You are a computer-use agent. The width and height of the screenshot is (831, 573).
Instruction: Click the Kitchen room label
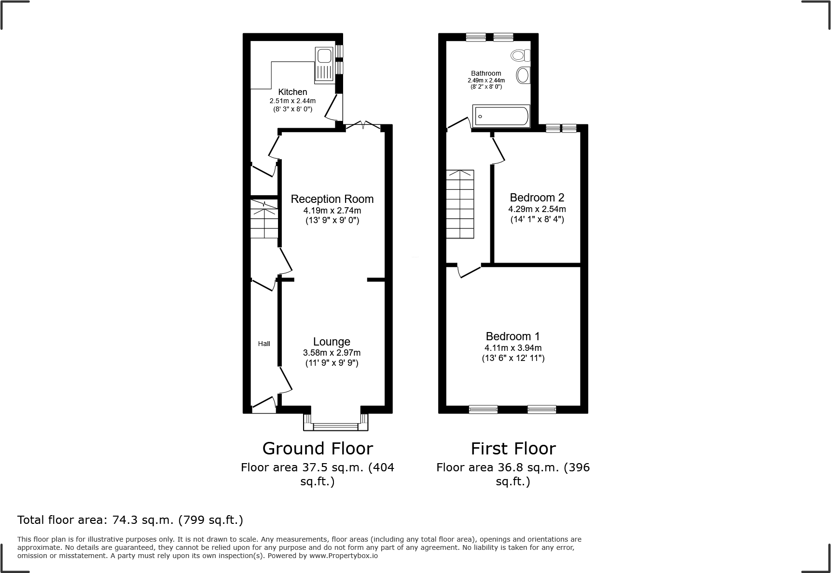click(292, 92)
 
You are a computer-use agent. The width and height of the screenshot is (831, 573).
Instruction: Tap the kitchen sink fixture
click(323, 64)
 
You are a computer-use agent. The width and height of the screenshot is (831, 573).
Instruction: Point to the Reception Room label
click(332, 199)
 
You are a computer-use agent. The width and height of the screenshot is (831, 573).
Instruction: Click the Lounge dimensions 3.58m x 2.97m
click(332, 353)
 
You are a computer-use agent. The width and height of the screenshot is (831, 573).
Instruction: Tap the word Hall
click(264, 344)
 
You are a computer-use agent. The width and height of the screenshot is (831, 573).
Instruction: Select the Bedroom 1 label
click(512, 336)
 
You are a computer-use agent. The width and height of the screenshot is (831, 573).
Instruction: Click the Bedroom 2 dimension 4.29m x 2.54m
click(537, 209)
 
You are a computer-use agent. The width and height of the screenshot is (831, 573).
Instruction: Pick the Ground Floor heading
click(318, 449)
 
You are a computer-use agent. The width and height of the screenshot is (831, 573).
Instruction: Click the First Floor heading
click(513, 449)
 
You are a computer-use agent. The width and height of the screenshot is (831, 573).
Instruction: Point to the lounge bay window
click(335, 426)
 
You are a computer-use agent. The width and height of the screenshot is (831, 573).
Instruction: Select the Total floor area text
click(130, 520)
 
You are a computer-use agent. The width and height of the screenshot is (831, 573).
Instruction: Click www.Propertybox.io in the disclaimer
click(344, 556)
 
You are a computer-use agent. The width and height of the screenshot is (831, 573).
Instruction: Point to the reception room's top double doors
click(363, 125)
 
